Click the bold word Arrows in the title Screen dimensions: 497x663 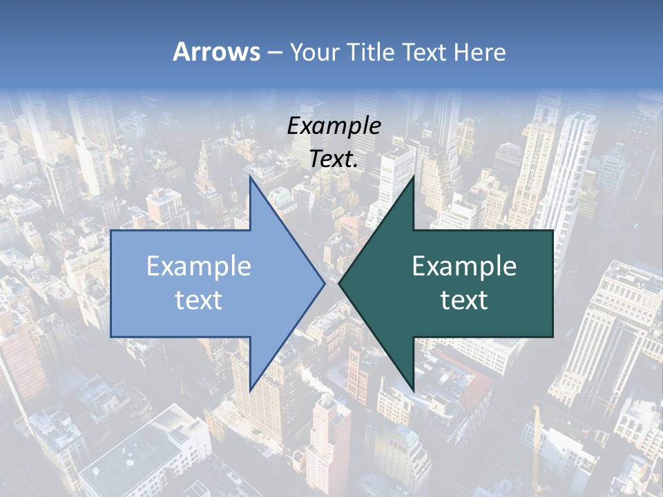point(216,52)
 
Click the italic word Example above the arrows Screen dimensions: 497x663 point(334,126)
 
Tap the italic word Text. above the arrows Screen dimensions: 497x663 point(334,159)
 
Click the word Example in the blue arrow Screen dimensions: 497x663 point(199,266)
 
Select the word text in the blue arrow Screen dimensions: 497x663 point(199,300)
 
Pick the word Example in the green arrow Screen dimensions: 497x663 point(464,266)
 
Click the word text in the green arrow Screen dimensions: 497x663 point(464,300)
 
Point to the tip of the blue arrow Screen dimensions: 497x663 point(325,283)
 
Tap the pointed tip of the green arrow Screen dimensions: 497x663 point(338,283)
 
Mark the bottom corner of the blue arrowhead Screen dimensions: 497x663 point(249,391)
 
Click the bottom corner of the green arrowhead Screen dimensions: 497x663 point(414,391)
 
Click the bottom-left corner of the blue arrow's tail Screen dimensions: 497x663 point(111,337)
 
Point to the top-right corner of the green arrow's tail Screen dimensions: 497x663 point(552,231)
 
